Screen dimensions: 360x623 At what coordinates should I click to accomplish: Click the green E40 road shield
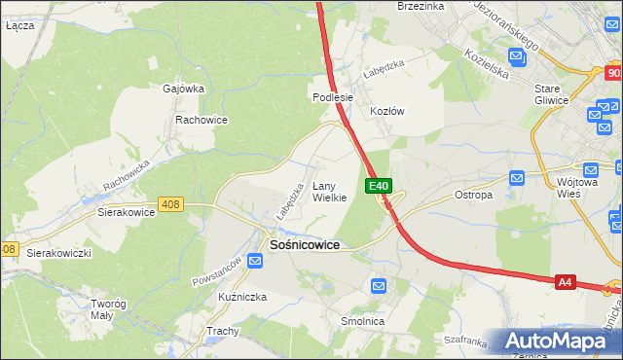pos(379,186)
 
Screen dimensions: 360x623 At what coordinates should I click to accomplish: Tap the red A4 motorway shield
pos(566,282)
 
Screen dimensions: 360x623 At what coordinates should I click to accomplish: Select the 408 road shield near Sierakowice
pos(171,203)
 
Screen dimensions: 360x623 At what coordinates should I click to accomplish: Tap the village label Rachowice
pos(201,120)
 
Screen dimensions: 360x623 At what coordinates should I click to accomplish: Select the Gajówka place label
pos(183,89)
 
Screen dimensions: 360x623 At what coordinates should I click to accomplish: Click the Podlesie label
pos(332,98)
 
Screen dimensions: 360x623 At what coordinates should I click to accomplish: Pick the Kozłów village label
pos(386,111)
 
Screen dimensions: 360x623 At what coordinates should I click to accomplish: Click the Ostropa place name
pos(474,195)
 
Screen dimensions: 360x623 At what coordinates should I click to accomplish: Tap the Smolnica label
pos(362,321)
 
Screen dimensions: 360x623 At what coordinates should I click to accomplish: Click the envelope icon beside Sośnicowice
pos(253,259)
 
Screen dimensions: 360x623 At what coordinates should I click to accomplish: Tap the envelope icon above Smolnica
pos(379,286)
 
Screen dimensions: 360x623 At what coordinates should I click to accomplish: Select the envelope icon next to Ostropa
pos(517,178)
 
